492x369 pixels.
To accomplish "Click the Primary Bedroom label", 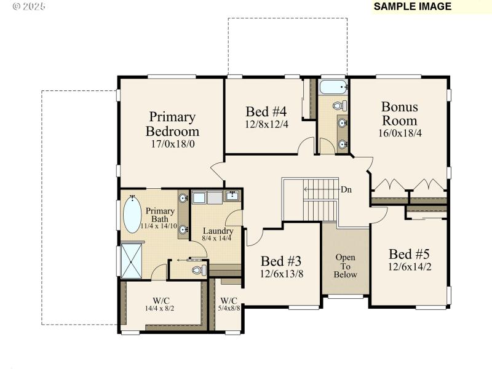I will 172,124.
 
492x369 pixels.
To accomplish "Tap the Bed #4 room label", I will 266,111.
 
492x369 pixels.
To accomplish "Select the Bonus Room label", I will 399,113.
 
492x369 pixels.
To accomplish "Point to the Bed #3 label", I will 281,261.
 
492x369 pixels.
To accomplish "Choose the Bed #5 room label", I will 409,253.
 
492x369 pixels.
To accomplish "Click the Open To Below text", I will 345,266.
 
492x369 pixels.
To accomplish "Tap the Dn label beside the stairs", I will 346,189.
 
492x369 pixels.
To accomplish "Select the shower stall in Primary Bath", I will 131,261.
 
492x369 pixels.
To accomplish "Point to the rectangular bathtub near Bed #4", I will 333,87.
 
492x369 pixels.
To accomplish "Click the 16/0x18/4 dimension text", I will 399,132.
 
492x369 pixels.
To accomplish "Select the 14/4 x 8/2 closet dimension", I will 160,308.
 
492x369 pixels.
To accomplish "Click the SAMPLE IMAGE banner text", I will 412,7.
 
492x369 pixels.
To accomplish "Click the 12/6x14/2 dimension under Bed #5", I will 409,268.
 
